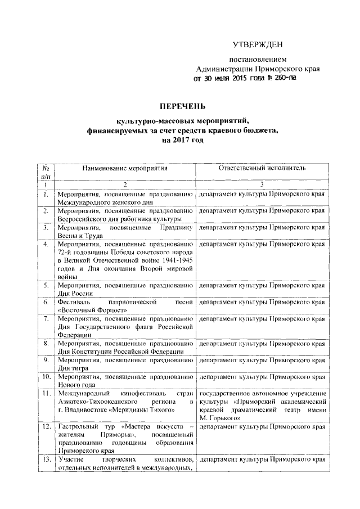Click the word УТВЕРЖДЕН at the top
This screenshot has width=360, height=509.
pyautogui.click(x=258, y=44)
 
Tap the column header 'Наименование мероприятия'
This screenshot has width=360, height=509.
pyautogui.click(x=125, y=168)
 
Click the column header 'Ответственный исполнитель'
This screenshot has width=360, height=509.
pyautogui.click(x=262, y=168)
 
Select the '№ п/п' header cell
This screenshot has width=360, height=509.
pyautogui.click(x=44, y=173)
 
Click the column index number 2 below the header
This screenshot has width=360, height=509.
pyautogui.click(x=125, y=185)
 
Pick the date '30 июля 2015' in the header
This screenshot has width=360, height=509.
pyautogui.click(x=227, y=78)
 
